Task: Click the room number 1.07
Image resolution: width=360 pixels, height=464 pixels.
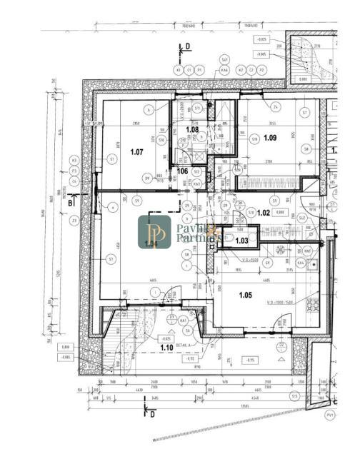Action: (137, 151)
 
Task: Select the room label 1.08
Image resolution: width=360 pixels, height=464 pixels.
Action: (191, 129)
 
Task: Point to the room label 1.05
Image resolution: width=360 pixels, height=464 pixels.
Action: (246, 295)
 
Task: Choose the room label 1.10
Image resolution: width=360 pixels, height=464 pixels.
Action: (166, 347)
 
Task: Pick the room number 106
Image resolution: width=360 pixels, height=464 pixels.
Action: (182, 171)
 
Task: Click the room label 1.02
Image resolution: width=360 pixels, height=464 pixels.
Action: (264, 213)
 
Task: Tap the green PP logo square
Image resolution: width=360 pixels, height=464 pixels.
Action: (154, 232)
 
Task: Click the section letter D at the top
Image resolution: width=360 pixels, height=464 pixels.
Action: (188, 46)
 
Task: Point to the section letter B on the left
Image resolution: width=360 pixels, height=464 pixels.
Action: (69, 203)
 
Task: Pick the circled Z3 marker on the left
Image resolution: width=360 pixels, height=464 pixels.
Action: (74, 220)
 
